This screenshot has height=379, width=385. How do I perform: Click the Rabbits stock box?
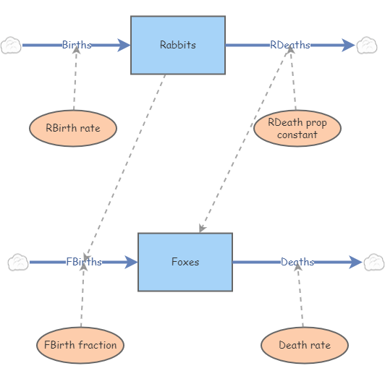177,45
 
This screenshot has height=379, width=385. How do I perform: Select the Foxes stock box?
185,262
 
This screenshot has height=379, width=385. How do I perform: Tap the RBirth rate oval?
73,129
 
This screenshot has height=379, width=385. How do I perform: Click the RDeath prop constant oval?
297,128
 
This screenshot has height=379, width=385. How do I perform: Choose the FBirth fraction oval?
80,345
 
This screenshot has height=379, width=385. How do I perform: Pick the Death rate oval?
304,345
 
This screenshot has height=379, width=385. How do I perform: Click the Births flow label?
77,45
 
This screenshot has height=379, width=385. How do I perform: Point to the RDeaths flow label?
290,45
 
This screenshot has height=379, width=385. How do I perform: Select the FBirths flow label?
84,262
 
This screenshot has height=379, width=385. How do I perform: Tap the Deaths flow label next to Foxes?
297,262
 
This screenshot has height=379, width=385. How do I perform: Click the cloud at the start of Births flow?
10,45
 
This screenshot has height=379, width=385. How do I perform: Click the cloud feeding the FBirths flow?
17,262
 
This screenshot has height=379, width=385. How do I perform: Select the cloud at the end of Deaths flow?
373,262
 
